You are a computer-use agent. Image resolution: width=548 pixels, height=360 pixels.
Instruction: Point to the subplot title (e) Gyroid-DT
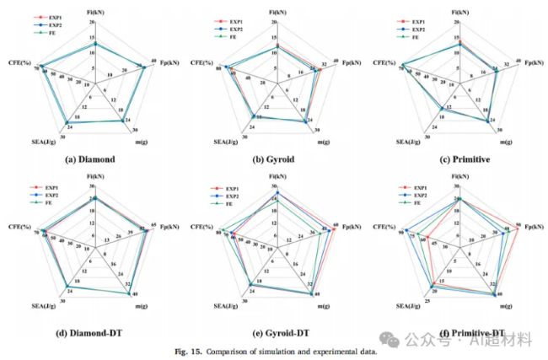276,334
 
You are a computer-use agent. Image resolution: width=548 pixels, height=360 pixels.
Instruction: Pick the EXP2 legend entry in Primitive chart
410,26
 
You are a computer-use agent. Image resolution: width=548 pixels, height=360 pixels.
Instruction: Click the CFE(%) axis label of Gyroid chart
201,63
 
